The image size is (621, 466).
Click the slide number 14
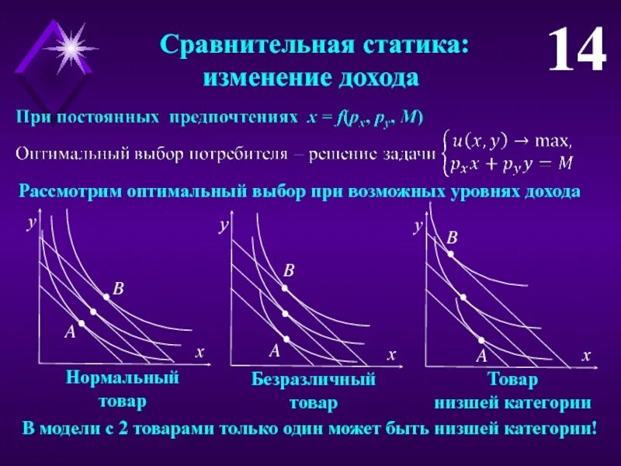[576, 50]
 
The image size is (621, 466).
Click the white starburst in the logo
[69, 46]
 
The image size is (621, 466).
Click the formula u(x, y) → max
[512, 141]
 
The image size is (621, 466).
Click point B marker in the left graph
[106, 297]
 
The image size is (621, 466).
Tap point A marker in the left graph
[81, 323]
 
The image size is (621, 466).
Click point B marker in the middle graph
[285, 288]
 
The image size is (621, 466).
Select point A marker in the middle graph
[286, 339]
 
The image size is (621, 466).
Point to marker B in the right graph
[449, 252]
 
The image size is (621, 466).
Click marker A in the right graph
[481, 340]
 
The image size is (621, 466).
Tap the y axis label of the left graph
[31, 223]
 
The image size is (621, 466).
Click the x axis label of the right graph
[586, 354]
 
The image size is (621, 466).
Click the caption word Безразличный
[313, 381]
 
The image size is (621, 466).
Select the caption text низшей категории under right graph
[512, 403]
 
